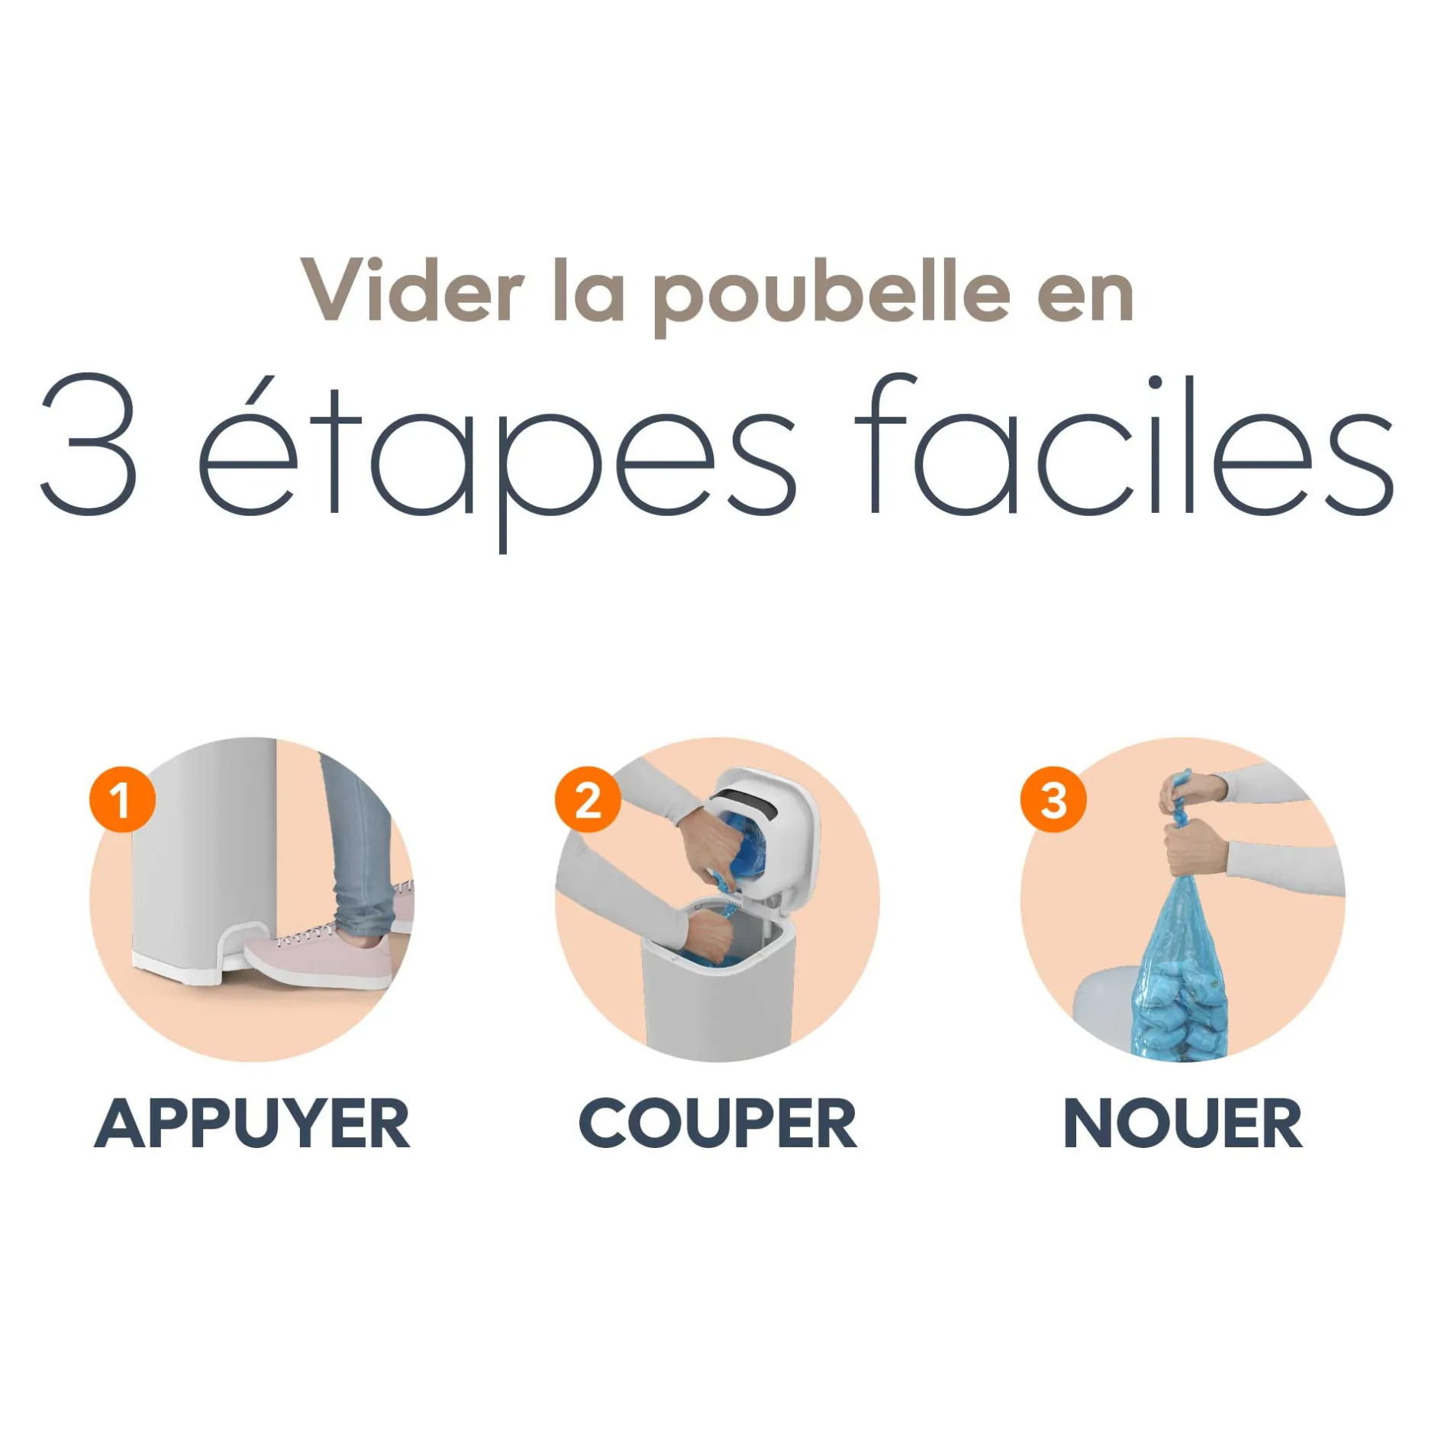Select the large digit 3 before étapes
click(89, 443)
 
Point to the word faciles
click(1124, 443)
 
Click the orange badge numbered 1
click(122, 799)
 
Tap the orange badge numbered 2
click(588, 799)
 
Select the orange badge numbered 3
click(1053, 799)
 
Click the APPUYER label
click(252, 1123)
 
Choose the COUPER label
click(717, 1123)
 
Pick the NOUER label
click(1182, 1123)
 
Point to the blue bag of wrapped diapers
click(1182, 969)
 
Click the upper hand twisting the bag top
click(1187, 794)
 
